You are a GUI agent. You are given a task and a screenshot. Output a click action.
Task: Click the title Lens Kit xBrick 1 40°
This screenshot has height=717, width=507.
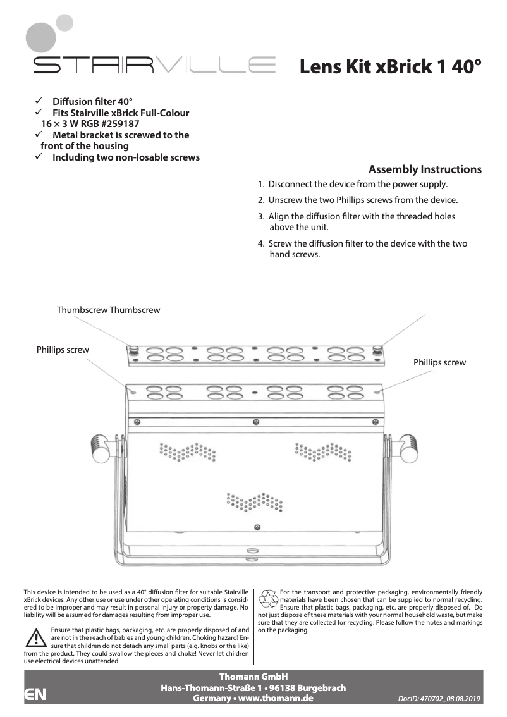point(390,66)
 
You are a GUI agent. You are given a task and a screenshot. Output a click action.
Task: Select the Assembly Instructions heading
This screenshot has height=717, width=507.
point(425,169)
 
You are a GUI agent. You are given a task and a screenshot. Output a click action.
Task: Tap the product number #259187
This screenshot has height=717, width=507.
point(120,124)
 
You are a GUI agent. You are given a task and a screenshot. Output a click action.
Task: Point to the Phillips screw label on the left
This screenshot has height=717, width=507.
point(63,350)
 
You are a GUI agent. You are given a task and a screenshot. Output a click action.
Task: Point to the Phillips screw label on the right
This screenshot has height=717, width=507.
point(439,362)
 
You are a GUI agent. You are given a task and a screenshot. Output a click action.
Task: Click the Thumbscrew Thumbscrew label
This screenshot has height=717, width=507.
point(108,310)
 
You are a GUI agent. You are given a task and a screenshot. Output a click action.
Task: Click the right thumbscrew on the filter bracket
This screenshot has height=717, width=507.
point(377,349)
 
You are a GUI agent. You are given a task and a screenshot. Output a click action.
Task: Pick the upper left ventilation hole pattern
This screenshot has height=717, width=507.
point(188,451)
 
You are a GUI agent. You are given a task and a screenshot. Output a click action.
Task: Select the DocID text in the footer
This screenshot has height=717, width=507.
point(440,699)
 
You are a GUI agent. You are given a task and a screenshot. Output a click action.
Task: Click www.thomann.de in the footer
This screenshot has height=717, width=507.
point(279,698)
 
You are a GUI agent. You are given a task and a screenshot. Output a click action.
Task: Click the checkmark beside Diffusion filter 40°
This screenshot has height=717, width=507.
point(39,101)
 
